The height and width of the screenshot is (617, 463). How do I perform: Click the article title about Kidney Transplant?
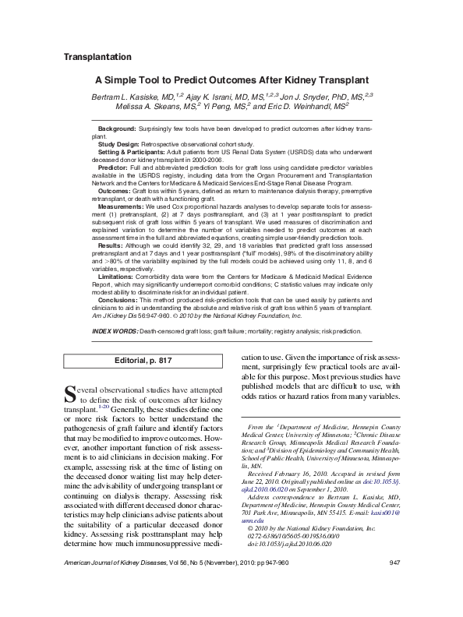coord(231,79)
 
